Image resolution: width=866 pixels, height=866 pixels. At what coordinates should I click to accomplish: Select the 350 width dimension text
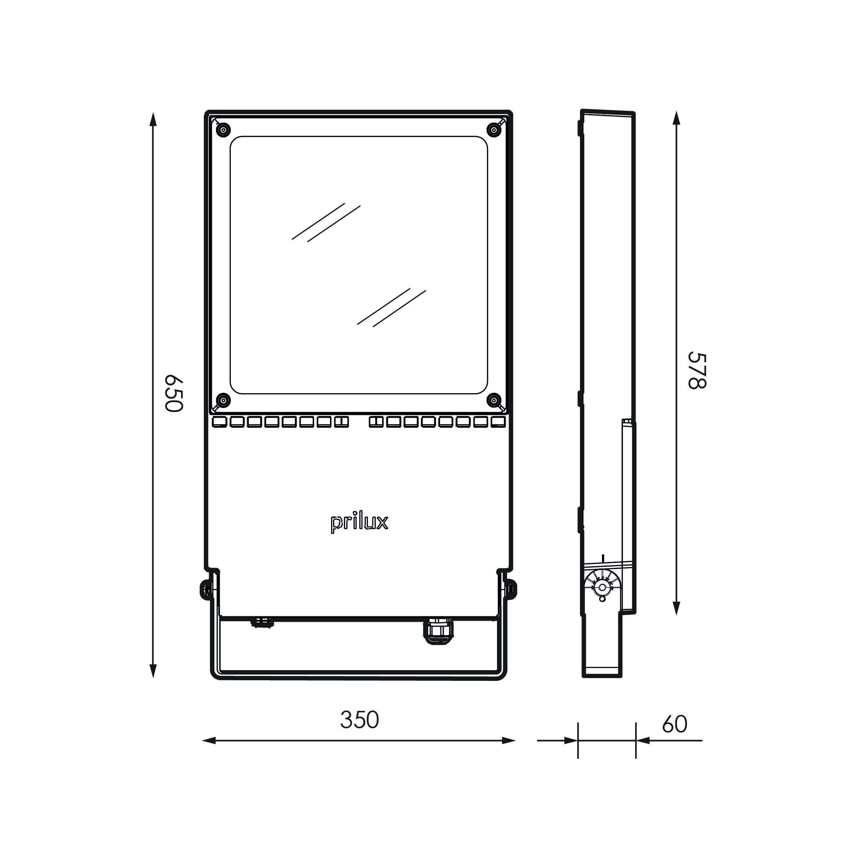click(x=360, y=720)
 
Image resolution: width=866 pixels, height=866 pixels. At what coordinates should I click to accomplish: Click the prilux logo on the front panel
click(x=359, y=524)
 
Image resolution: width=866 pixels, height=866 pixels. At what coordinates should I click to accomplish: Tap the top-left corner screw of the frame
click(x=223, y=130)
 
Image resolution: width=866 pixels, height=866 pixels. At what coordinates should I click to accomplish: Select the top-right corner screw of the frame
click(x=494, y=130)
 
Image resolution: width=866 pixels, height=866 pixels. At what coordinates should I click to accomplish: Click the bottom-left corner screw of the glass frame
click(x=223, y=400)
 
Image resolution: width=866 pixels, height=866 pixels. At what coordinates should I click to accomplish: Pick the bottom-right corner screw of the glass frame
click(x=494, y=400)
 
